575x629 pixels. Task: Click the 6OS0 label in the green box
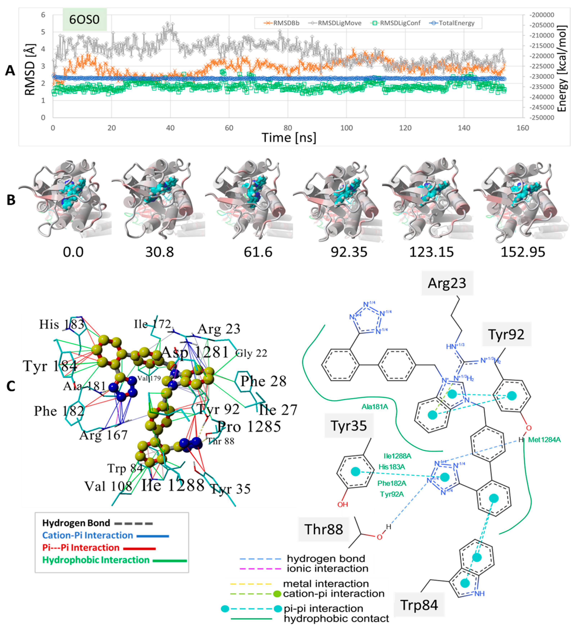pyautogui.click(x=84, y=19)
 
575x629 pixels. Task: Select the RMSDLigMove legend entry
pyautogui.click(x=339, y=23)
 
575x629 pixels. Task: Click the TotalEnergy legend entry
pyautogui.click(x=456, y=23)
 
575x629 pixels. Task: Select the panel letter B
pyautogui.click(x=11, y=200)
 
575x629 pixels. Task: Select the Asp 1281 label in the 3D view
pyautogui.click(x=195, y=352)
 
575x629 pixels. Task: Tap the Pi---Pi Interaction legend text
pyautogui.click(x=81, y=548)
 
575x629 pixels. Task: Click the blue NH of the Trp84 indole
pyautogui.click(x=479, y=593)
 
